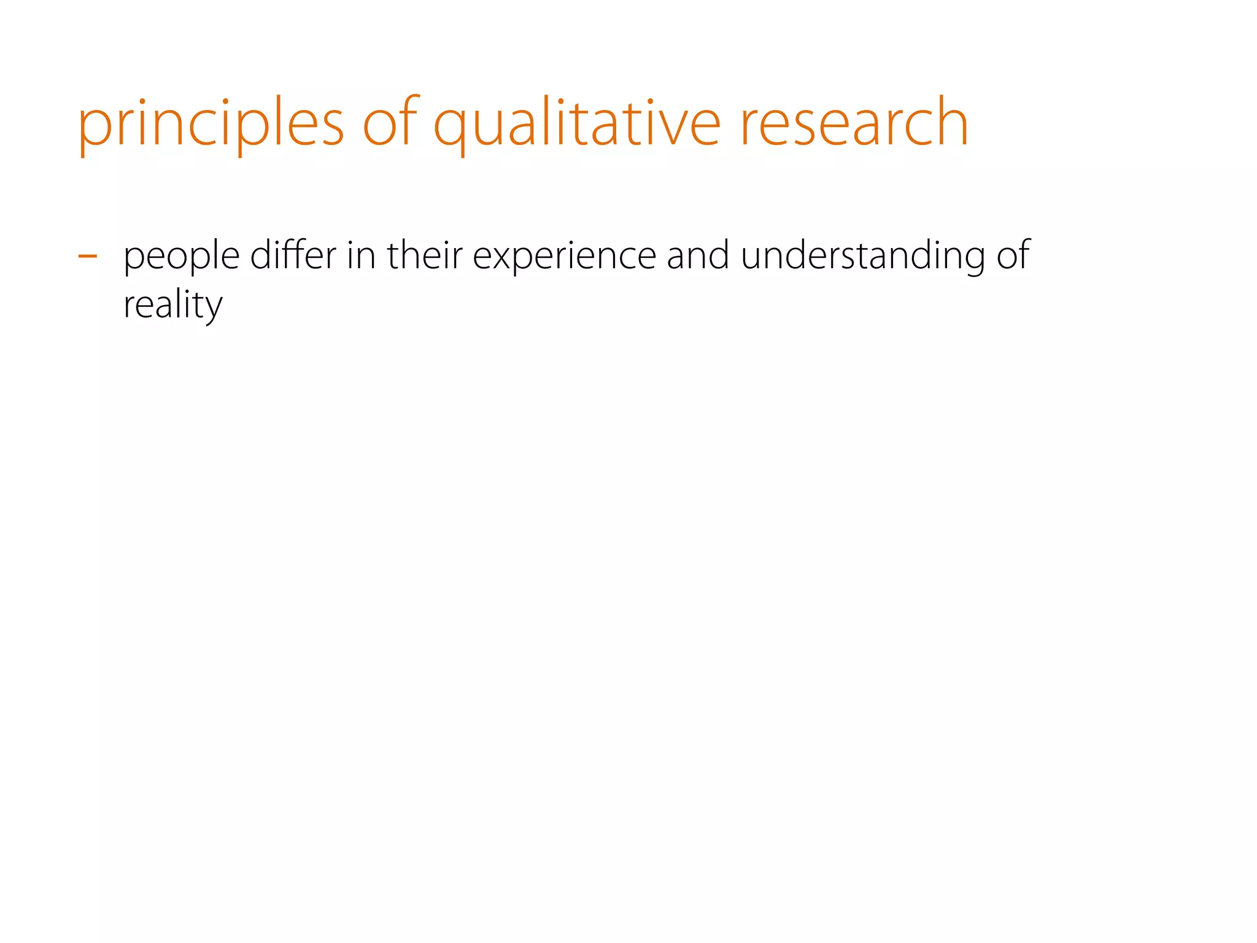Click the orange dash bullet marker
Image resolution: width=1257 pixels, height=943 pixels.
(x=88, y=255)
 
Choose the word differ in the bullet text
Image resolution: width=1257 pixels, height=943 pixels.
(x=293, y=255)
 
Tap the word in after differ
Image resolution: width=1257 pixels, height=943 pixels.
(x=361, y=255)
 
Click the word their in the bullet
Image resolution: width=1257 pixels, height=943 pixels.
(x=424, y=255)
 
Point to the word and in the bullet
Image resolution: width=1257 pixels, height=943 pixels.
(x=698, y=255)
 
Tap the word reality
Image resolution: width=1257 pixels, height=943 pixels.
(x=172, y=306)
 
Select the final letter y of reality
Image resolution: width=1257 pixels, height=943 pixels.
(x=212, y=310)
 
